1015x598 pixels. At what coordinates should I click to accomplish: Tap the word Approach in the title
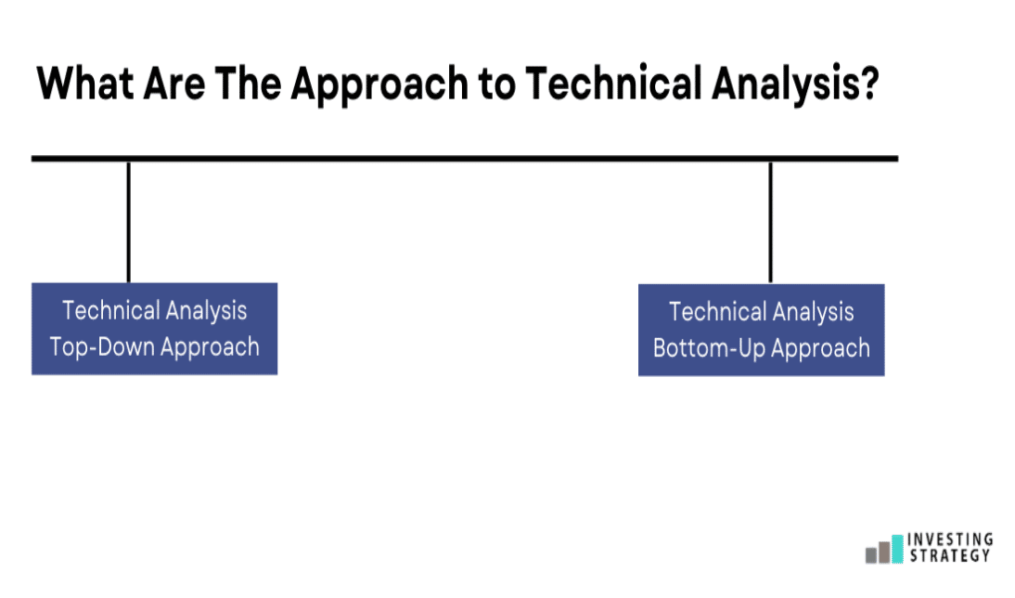tap(379, 84)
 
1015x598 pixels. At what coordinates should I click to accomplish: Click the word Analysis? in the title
tap(795, 84)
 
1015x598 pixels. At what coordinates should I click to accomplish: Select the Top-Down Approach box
tap(155, 329)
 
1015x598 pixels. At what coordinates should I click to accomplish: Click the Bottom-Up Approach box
tap(761, 330)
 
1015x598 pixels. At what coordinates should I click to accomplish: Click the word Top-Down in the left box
tap(102, 347)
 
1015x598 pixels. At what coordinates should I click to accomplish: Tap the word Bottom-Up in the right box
tap(709, 348)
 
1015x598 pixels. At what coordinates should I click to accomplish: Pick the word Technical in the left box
tap(110, 310)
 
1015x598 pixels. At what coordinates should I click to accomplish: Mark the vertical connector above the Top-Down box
tap(129, 222)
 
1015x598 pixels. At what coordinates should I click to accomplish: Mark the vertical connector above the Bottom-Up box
tap(770, 222)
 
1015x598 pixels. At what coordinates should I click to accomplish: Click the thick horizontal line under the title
tap(465, 158)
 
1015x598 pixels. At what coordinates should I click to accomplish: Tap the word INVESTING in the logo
tap(950, 539)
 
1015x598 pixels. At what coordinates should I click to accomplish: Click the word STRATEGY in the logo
tap(950, 555)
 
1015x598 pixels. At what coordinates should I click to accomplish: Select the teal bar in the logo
tap(897, 549)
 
